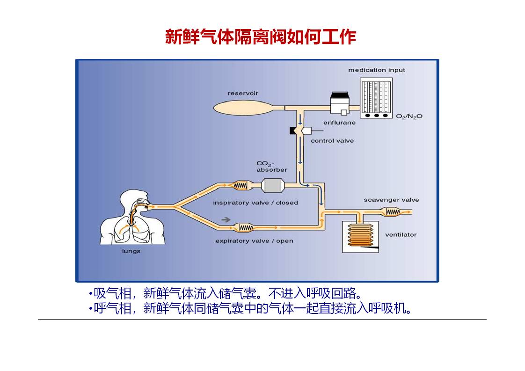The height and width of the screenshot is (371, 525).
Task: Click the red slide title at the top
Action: pos(261,37)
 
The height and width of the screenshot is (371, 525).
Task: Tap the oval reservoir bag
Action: pos(241,107)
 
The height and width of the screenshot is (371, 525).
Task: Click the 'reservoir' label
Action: pos(243,94)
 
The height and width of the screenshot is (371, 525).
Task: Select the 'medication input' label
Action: pos(376,70)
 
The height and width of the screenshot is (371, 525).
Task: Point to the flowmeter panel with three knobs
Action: pos(376,98)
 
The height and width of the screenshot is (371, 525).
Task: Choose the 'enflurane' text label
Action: pos(339,123)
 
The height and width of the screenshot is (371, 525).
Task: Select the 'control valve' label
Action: pos(332,141)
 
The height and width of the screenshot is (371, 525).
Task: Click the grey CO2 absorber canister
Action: pos(272,185)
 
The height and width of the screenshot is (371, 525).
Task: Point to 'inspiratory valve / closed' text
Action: pos(255,203)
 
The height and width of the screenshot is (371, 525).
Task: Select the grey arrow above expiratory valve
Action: pos(226,219)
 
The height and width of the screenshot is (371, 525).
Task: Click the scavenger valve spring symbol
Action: pos(392,212)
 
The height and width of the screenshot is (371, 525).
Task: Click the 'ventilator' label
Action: pos(401,235)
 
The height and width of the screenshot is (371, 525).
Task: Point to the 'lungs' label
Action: pos(131,251)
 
